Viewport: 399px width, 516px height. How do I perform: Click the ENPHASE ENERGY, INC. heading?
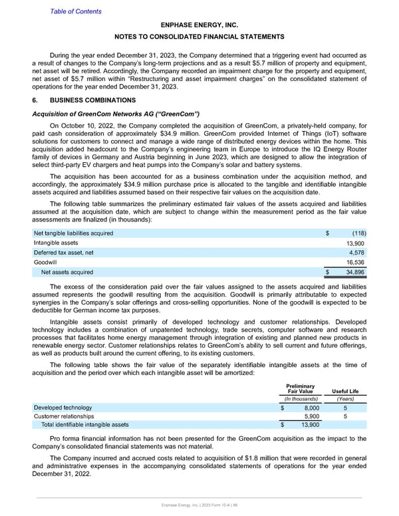pyautogui.click(x=199, y=25)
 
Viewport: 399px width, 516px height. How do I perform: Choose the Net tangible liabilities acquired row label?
pyautogui.click(x=72, y=233)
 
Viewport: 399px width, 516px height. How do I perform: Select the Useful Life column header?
pyautogui.click(x=345, y=392)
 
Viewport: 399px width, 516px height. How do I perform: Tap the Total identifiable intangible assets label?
pyautogui.click(x=85, y=425)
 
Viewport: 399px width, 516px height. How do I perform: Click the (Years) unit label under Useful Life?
pyautogui.click(x=345, y=399)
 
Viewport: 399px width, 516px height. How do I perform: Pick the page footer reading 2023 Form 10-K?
pyautogui.click(x=199, y=507)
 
